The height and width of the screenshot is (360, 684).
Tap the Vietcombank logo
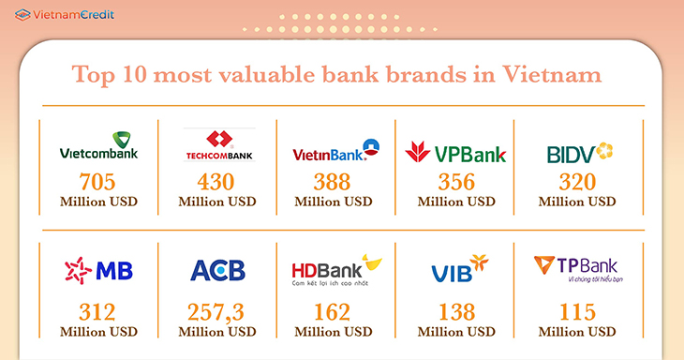pos(98,146)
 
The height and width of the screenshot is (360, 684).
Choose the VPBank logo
pos(455,151)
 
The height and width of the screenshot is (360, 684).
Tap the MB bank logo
pos(98,271)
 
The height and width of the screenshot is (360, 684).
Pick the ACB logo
pos(217,271)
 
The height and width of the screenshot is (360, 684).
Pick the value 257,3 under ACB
pos(216,311)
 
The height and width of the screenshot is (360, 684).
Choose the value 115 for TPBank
pos(577,311)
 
